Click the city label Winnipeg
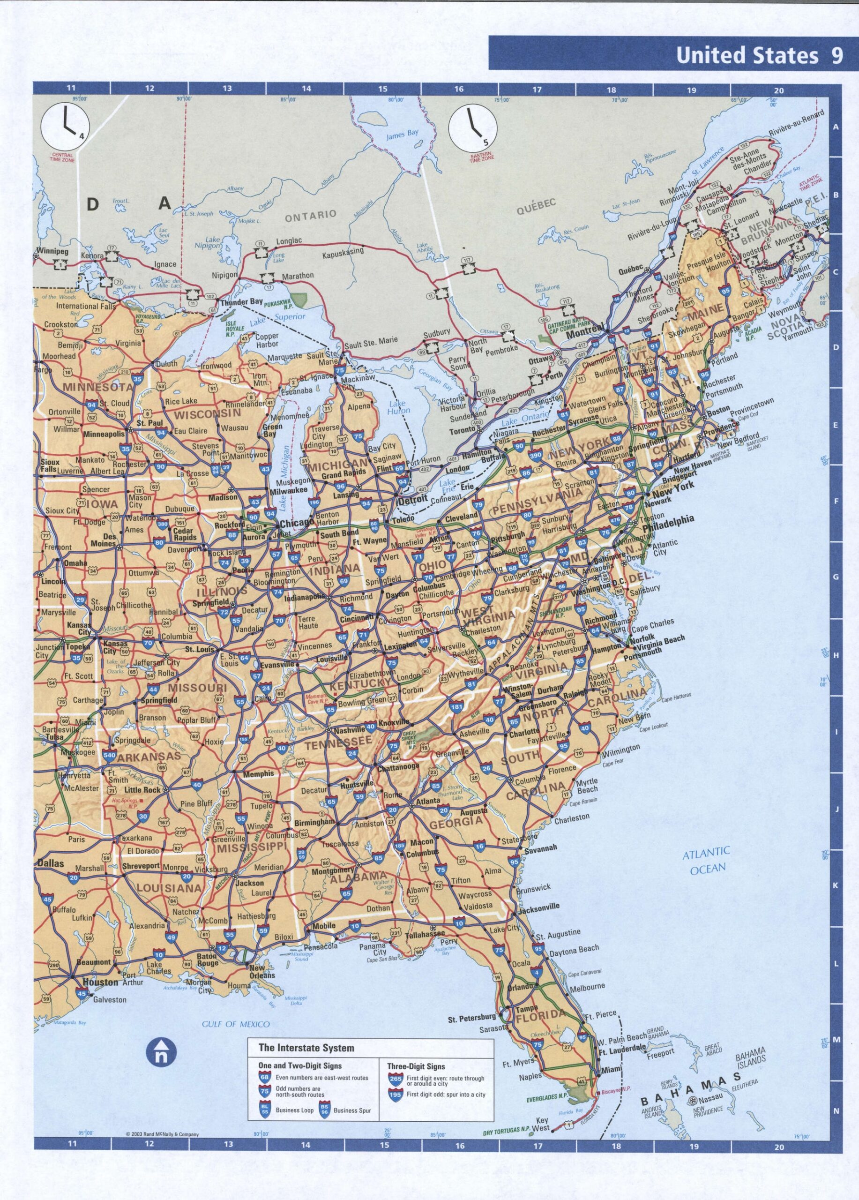(x=53, y=251)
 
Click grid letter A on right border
(x=835, y=127)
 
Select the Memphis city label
(x=258, y=773)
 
